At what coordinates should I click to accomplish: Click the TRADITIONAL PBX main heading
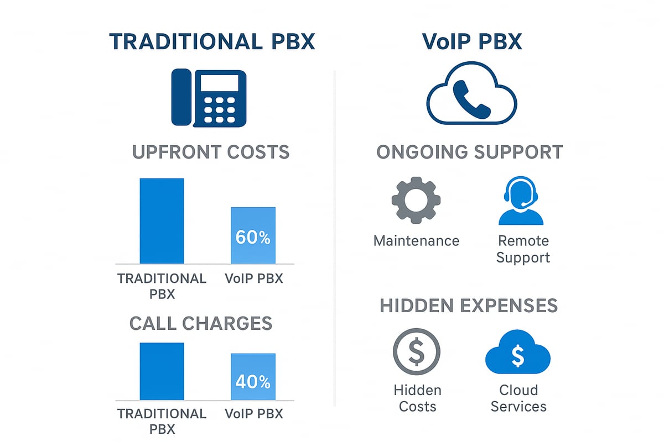212,42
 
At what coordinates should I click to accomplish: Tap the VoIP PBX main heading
472,42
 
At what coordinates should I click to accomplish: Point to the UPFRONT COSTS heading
211,152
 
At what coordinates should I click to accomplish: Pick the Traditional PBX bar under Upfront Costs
162,221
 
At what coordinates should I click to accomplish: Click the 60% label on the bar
253,238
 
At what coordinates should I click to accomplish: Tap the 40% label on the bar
253,381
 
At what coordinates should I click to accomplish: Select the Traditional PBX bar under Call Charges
162,371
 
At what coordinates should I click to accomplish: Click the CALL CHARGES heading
201,323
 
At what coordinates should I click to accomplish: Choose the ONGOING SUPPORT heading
470,152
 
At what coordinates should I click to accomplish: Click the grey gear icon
416,200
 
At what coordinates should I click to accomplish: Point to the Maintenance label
416,241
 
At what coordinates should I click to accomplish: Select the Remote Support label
523,249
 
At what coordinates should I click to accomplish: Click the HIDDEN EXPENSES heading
469,306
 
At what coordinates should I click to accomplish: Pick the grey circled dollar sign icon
416,352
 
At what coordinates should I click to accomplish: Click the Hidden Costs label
417,398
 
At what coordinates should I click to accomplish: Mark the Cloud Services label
518,398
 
